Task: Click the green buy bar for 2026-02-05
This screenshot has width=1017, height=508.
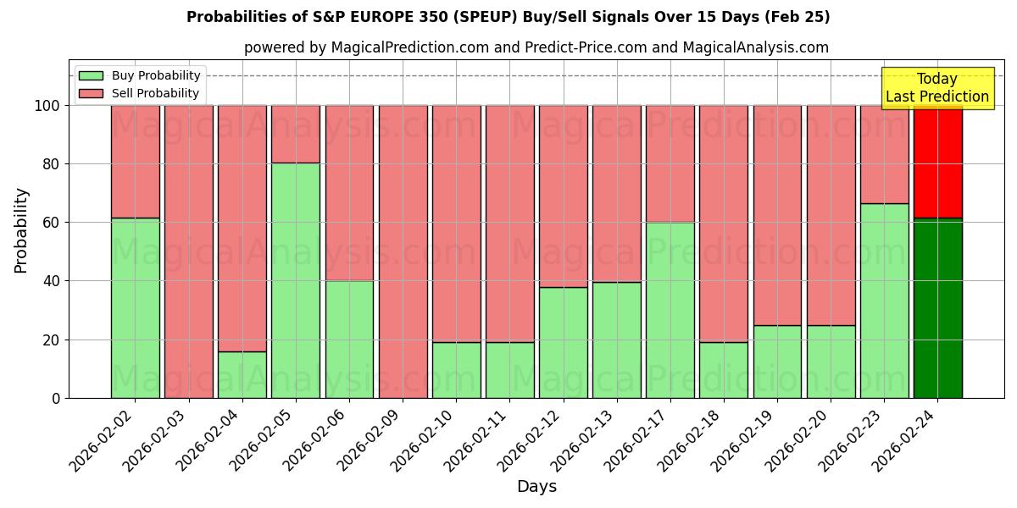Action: [x=296, y=280]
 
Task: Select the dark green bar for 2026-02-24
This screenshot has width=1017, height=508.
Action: [x=937, y=308]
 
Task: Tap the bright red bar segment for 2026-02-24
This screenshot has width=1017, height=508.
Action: [x=937, y=162]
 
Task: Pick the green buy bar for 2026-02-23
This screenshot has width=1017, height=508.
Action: [x=884, y=301]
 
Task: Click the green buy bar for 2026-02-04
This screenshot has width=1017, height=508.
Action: [x=242, y=374]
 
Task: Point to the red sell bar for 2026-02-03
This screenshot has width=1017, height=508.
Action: [x=189, y=251]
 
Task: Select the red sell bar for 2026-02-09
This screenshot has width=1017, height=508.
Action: [x=403, y=251]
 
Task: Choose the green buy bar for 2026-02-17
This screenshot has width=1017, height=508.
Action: [x=670, y=310]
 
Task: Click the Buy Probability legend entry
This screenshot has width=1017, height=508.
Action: [x=140, y=75]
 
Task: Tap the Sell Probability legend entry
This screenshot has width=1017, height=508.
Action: [x=140, y=93]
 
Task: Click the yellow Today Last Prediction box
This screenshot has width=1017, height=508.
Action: [x=936, y=88]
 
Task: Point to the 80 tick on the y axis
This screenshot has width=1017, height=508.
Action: [x=52, y=164]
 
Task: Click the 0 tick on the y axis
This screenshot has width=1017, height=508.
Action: [x=56, y=398]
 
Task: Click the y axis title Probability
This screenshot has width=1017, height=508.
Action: [x=21, y=229]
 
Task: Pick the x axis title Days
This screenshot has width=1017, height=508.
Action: [x=536, y=487]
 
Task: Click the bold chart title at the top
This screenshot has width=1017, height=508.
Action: [x=508, y=17]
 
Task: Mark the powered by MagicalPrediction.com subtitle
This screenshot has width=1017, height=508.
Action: [x=536, y=47]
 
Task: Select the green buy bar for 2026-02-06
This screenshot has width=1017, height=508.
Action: [x=349, y=339]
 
